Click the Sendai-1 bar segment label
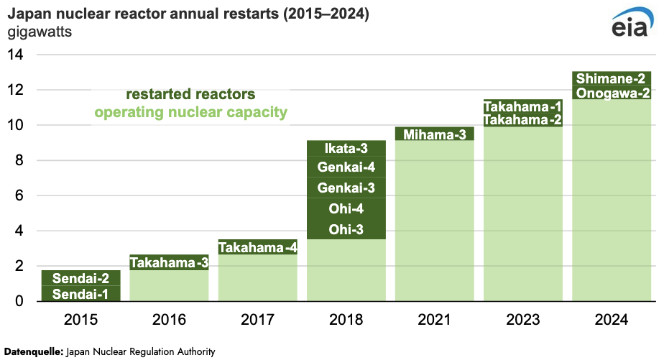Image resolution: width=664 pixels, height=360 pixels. pos(80,293)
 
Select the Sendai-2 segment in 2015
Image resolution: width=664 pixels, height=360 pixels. pos(80,278)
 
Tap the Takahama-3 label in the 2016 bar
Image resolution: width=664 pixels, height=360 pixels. pos(169,262)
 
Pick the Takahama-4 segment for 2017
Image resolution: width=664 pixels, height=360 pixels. pos(257,248)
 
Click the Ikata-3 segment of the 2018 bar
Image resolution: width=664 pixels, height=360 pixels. pos(346,149)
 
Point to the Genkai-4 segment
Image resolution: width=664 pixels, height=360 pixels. pos(346,168)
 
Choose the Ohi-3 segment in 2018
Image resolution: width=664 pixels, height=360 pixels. pos(346,230)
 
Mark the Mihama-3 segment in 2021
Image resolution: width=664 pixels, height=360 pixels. pos(434,134)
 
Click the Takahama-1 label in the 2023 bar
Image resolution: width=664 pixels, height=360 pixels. pos(522,106)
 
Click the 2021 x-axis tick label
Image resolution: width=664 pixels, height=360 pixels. pos(434,320)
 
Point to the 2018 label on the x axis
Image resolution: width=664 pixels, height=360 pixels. pos(346,320)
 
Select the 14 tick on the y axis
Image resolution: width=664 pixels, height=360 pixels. pos(16,55)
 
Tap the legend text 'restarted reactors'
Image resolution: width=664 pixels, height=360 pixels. pos(190,95)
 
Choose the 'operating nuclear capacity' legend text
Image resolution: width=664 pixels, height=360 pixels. pos(190,112)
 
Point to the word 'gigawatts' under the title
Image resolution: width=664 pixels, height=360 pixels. pos(39,32)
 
